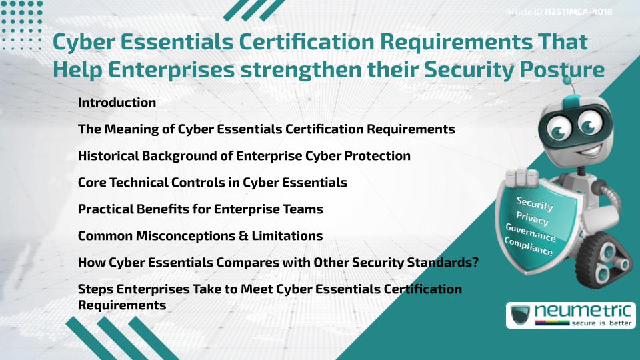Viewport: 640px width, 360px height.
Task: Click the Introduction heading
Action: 117,103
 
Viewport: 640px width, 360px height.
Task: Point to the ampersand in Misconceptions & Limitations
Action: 253,236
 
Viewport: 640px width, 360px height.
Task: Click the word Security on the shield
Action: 535,204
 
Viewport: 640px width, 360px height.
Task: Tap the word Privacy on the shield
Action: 532,218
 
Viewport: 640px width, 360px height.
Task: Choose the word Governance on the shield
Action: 531,233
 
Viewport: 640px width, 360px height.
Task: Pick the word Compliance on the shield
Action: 529,247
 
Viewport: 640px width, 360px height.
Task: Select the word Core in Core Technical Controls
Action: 91,183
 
